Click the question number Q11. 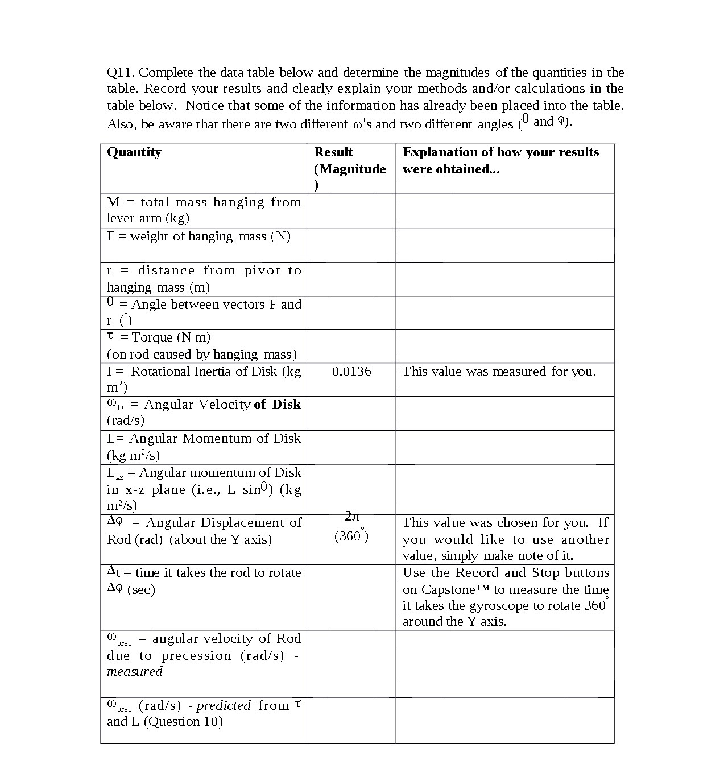121,73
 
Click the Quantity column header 134,152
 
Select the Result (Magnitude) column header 350,161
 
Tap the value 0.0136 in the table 351,372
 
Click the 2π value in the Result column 352,517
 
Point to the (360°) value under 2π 351,535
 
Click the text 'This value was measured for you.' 499,372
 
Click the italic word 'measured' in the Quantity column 135,672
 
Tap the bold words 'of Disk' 277,405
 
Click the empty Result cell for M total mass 351,211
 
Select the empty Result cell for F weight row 351,245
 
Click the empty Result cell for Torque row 351,346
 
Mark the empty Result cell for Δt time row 351,597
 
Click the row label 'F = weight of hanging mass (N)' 198,236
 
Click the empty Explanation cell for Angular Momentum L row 504,447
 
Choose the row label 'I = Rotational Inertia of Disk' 204,372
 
